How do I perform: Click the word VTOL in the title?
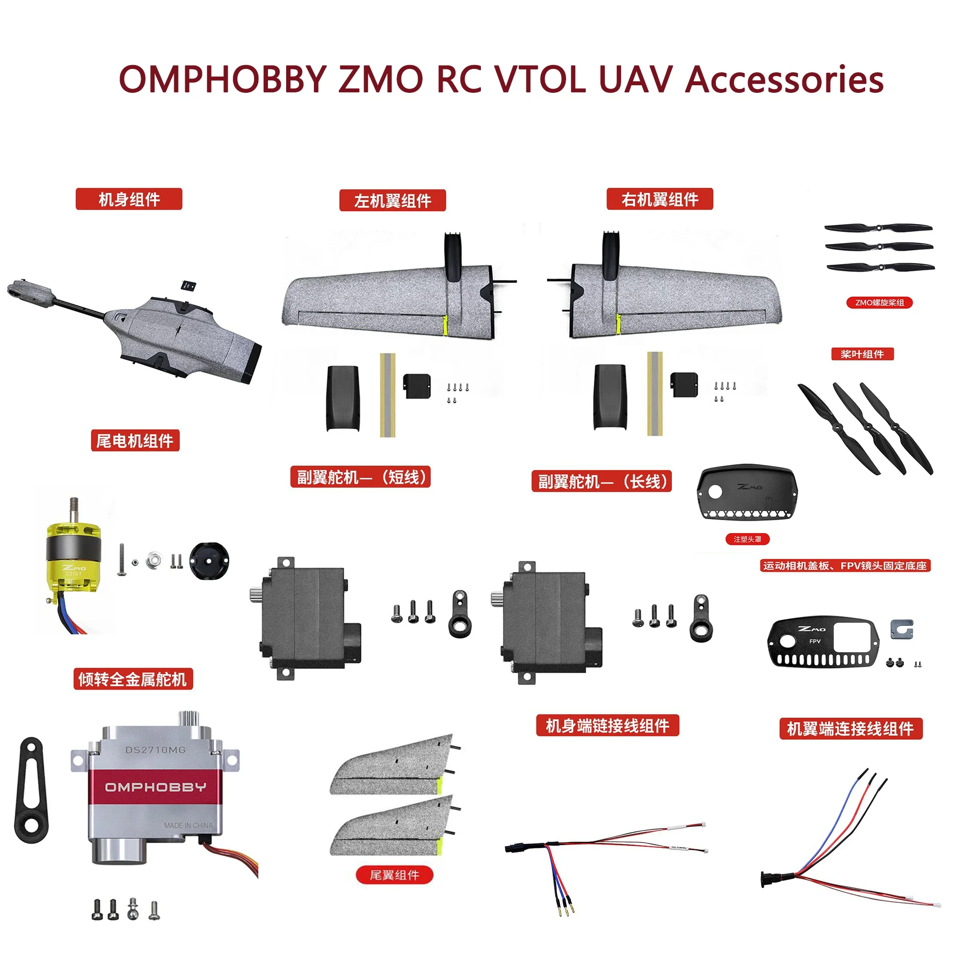coord(541,79)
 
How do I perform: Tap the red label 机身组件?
coord(129,199)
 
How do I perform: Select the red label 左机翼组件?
coord(392,200)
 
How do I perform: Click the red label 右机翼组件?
coord(660,199)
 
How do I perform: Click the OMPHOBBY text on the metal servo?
coord(156,787)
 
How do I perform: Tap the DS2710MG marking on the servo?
coord(155,750)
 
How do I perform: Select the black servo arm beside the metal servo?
coord(33,789)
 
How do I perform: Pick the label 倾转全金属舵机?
coord(133,679)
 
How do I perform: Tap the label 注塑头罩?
coord(747,539)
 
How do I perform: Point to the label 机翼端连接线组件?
coord(850,729)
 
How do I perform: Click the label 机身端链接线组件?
coord(607,726)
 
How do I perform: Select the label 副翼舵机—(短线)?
coord(360,477)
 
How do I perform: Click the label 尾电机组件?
coord(135,440)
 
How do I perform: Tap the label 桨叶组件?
coord(862,354)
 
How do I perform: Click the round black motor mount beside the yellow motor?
coord(209,561)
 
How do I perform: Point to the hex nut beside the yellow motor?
coord(154,560)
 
